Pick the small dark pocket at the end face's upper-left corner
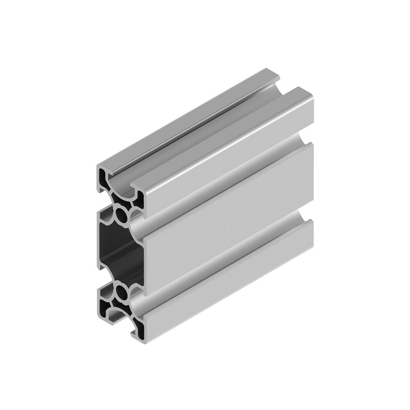coord(107,180)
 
